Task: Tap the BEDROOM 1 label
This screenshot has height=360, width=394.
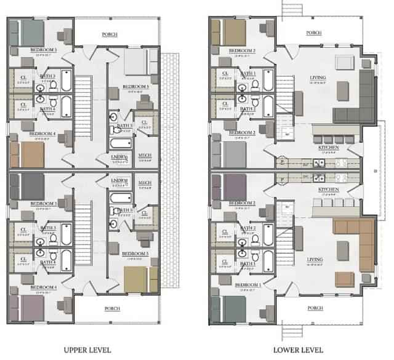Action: [242, 286]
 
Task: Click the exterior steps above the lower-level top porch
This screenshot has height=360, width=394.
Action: [298, 9]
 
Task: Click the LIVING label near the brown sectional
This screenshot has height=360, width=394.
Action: [316, 260]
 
